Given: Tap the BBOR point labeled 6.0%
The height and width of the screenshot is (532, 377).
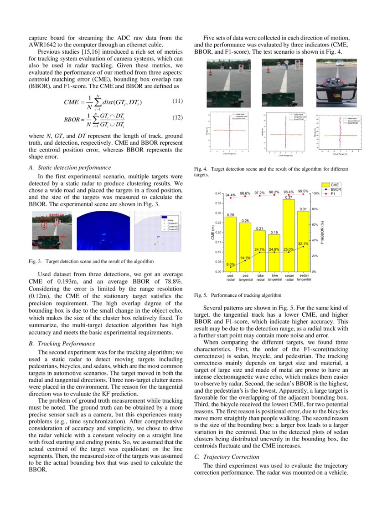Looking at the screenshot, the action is [231, 267].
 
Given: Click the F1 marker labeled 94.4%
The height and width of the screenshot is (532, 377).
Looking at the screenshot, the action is [231, 198].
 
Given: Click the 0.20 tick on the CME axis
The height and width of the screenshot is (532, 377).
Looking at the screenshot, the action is [219, 232].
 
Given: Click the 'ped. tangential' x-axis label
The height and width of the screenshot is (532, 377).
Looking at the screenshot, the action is [245, 277].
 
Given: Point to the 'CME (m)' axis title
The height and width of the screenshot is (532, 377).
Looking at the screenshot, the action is [212, 233].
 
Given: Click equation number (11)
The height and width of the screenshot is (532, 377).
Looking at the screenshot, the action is [177, 101].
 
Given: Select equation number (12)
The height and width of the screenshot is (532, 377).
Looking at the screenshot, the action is [177, 118].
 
